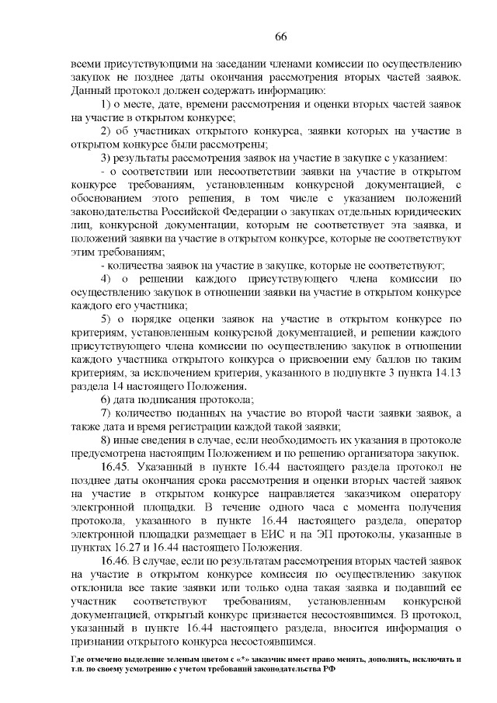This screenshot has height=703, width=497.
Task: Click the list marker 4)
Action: (108, 279)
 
